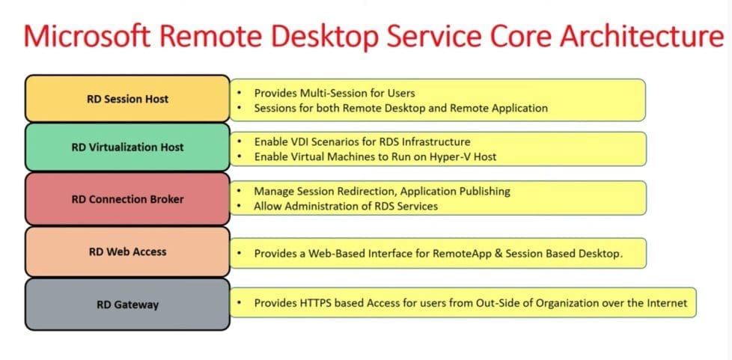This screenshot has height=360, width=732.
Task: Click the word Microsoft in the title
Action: (x=87, y=37)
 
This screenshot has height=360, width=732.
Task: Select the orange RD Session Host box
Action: (x=127, y=99)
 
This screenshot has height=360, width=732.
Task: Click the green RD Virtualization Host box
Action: (x=127, y=147)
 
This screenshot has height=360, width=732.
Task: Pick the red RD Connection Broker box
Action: (x=127, y=199)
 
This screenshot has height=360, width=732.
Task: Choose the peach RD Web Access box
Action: (x=127, y=251)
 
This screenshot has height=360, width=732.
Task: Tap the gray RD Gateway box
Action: (x=127, y=305)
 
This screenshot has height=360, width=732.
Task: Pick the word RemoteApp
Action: (x=457, y=254)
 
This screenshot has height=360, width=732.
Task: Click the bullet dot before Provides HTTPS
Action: (x=239, y=302)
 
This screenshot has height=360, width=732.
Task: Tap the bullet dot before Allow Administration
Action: (x=239, y=206)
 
